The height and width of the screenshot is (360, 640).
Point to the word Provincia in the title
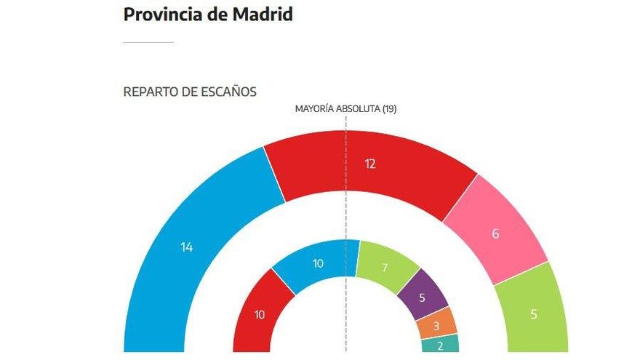tap(164, 15)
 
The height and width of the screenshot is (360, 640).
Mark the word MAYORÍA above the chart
tap(314, 108)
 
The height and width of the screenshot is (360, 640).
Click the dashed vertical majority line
tap(345, 218)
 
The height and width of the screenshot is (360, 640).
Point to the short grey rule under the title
tap(148, 42)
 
